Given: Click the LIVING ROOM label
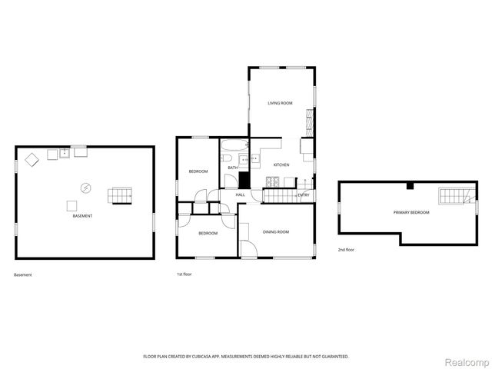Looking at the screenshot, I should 280,103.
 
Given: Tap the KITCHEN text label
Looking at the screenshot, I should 281,165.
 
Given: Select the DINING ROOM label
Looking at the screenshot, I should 276,231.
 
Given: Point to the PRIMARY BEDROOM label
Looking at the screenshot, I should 411,212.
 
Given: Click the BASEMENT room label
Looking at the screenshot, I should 82,216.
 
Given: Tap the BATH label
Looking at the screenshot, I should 232,168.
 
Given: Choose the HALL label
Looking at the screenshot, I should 241,195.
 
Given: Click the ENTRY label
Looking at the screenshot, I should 304,195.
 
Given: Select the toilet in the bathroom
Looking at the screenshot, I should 231,181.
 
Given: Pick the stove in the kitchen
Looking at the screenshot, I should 272,181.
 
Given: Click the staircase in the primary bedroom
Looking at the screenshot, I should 449,198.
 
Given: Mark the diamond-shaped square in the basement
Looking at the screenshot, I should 33,160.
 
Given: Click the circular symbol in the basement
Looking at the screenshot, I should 86,187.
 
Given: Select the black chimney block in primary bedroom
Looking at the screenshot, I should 411,185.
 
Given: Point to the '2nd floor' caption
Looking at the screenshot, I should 346,250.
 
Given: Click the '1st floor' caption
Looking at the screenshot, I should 184,274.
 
